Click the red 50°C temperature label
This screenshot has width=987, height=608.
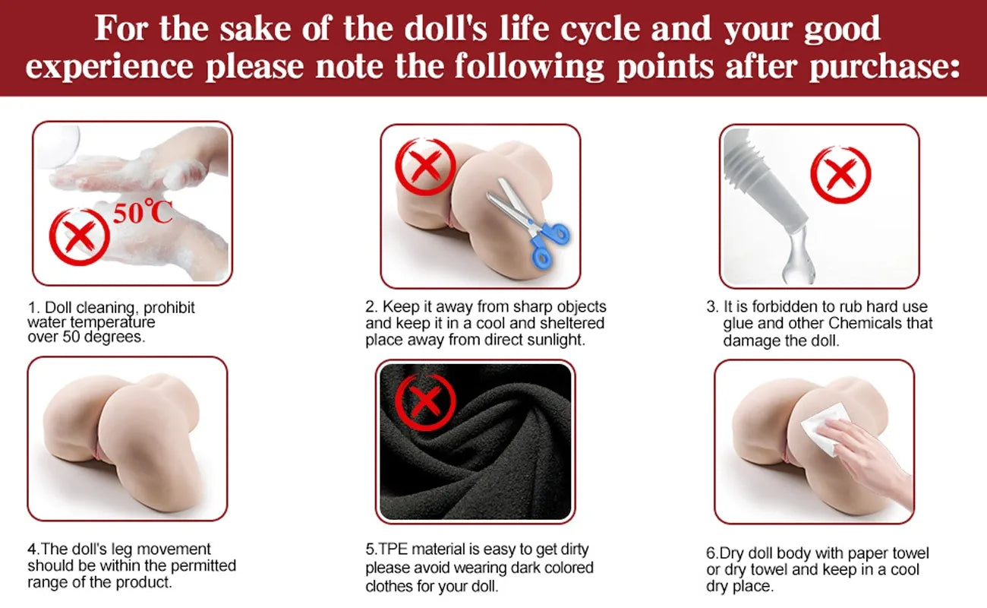142,212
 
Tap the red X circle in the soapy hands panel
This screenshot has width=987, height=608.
79,237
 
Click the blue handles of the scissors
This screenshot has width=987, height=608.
550,244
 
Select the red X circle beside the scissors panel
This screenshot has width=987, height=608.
426,166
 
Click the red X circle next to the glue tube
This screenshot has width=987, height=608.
840,175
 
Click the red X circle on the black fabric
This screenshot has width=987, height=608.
425,402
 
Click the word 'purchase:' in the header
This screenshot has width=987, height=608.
885,67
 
